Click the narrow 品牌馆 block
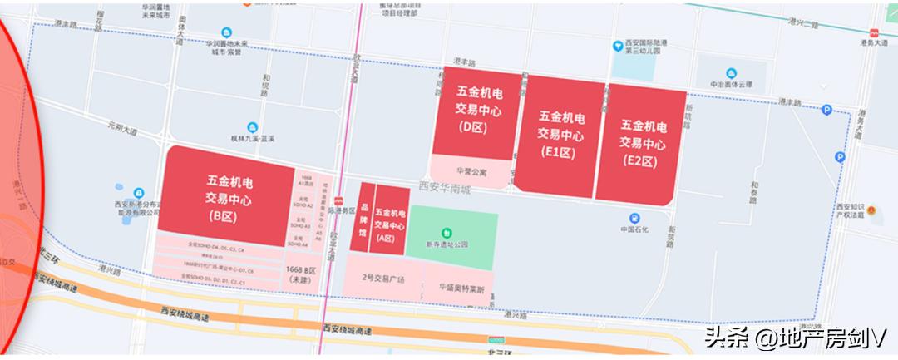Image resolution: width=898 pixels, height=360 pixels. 363,223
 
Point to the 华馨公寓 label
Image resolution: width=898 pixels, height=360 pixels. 472,173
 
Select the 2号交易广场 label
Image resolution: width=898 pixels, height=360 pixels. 382,279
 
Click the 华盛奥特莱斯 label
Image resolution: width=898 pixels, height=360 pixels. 460,288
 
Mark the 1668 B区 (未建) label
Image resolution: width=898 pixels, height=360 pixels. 301,276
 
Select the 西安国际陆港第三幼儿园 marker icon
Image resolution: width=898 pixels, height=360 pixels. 617,45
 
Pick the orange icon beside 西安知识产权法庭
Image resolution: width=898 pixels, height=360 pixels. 874,210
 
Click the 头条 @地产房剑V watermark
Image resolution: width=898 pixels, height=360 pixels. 794,338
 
